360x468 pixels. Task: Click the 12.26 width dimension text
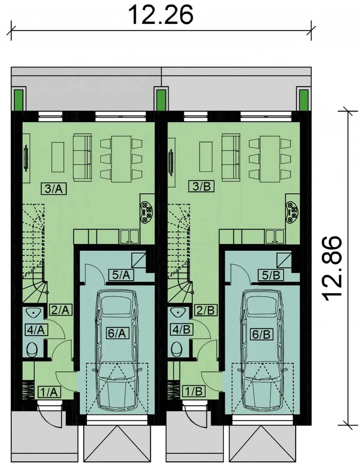click(161, 15)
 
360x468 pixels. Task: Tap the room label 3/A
click(53, 189)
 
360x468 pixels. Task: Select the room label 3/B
click(201, 186)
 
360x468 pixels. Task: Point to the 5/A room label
click(121, 275)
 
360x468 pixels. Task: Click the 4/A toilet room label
click(35, 330)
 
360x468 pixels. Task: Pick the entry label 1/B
click(193, 391)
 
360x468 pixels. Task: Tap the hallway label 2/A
click(61, 310)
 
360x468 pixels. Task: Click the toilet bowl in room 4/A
click(32, 349)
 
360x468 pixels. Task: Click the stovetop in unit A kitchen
click(147, 211)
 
